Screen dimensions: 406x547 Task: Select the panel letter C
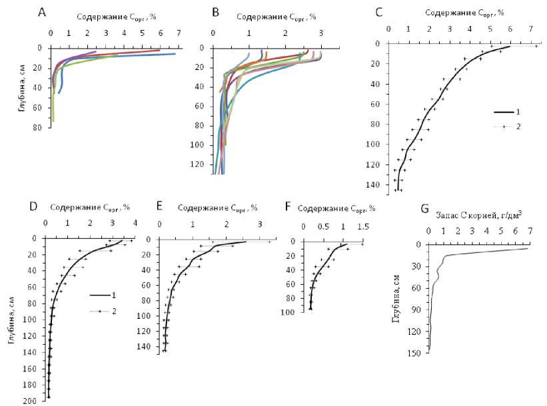point(379,11)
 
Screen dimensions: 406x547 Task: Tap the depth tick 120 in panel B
point(201,164)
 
